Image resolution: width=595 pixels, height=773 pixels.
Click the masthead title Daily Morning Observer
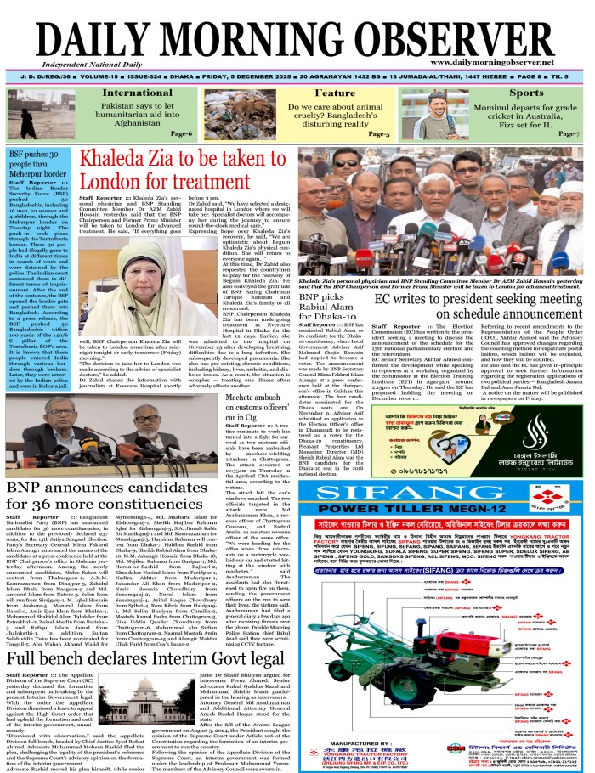(x=297, y=33)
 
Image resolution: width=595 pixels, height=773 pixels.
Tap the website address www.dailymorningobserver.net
(x=510, y=63)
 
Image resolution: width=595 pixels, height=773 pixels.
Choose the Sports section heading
(x=526, y=93)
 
